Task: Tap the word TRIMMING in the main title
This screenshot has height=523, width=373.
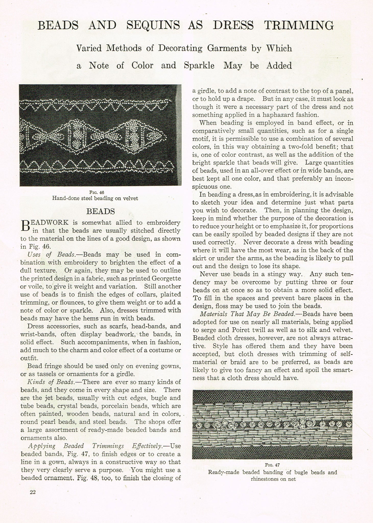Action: pos(299,26)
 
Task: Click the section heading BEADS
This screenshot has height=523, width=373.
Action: pos(101,211)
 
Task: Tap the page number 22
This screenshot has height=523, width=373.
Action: pos(32,493)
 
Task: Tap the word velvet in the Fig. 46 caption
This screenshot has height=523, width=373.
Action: pos(130,198)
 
